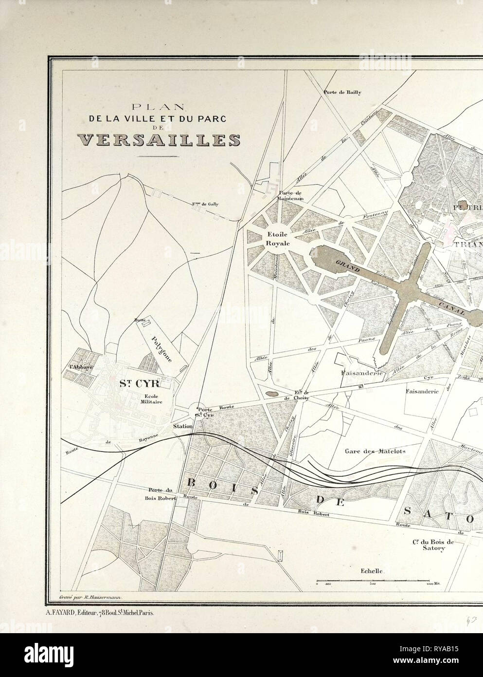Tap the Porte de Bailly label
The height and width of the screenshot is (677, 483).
click(342, 92)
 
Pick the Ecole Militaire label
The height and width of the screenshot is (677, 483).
click(140, 398)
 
